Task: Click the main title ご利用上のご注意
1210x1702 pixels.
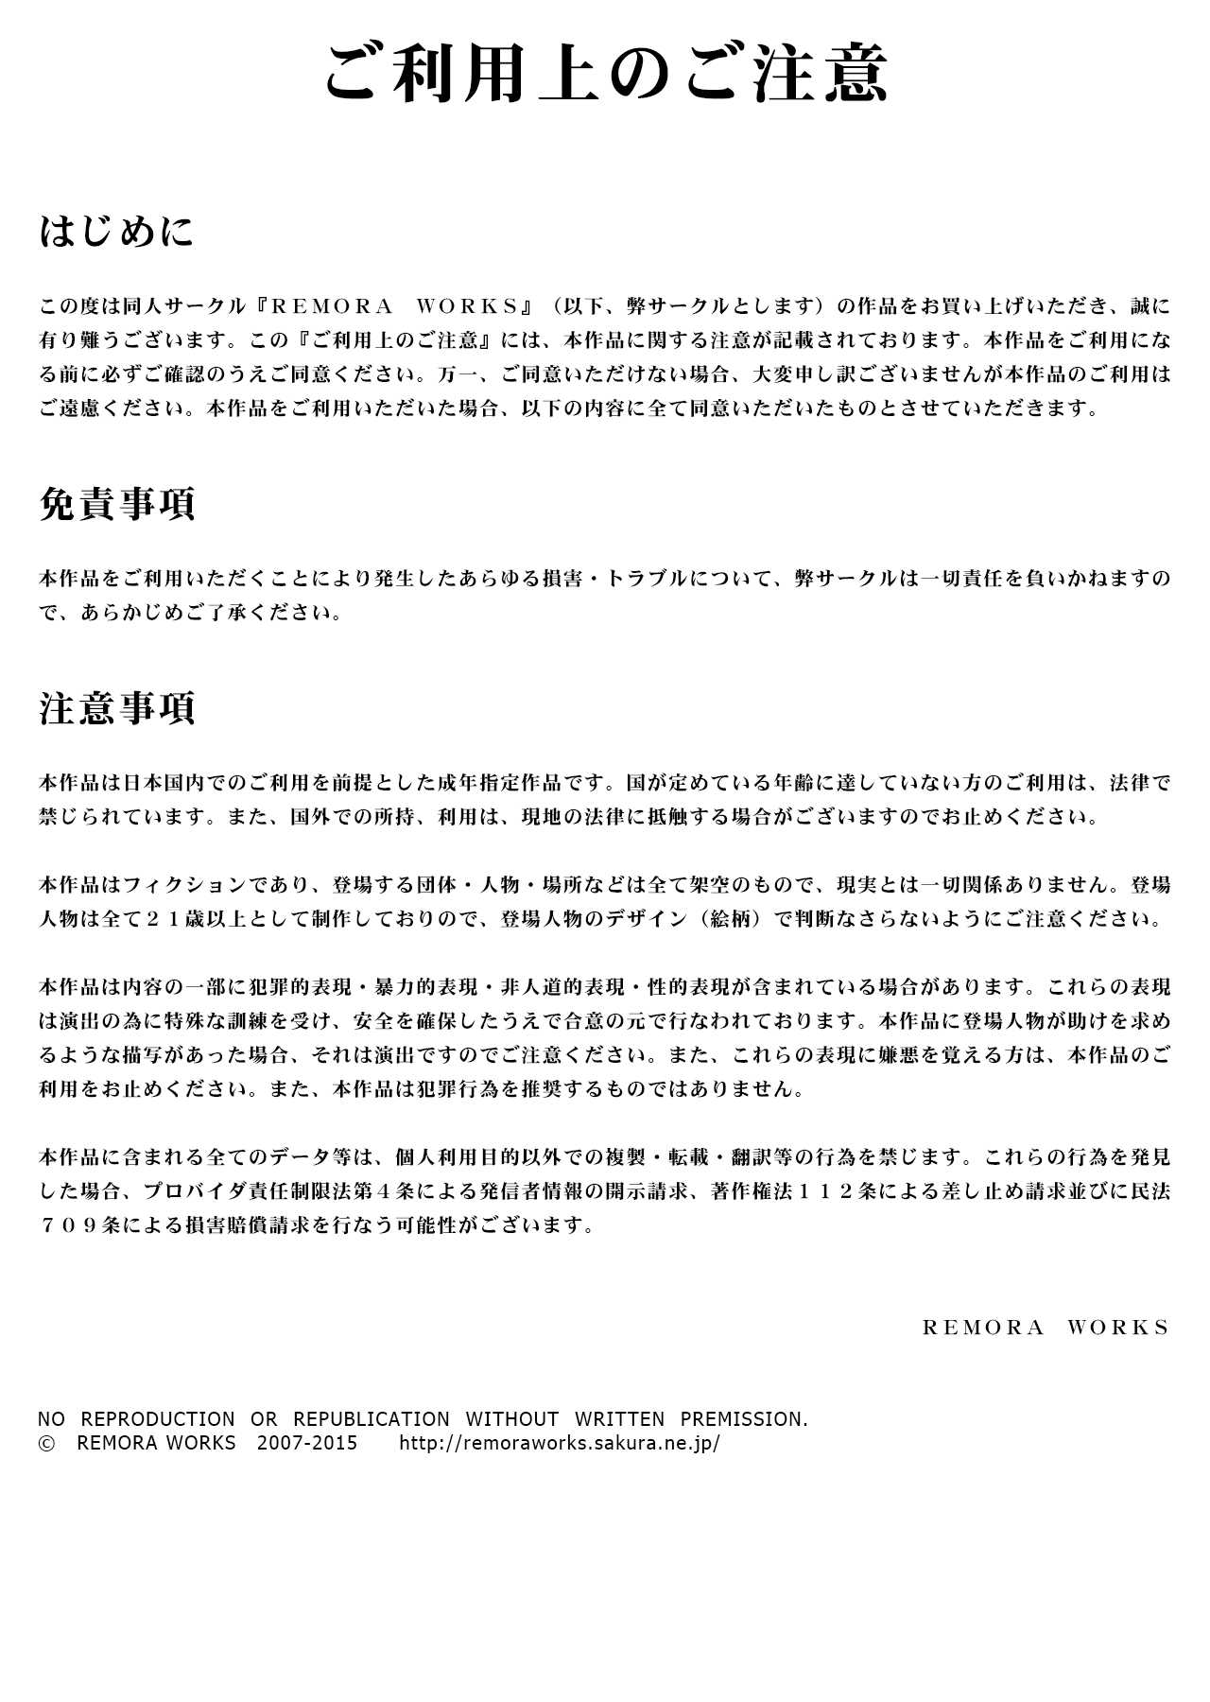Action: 606,73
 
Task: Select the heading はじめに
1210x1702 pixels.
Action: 116,231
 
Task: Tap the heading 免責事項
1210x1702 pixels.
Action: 116,503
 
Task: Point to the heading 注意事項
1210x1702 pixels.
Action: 116,707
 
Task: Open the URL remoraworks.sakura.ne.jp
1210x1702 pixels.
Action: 559,1443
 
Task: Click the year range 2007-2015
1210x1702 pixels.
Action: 307,1443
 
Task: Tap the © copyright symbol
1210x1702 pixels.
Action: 46,1444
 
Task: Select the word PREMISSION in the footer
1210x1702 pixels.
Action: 743,1419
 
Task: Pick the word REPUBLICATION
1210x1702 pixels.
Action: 372,1419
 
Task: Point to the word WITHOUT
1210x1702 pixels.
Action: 512,1419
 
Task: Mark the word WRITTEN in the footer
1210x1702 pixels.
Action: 620,1419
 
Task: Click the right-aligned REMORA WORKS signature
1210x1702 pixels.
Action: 1046,1328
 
